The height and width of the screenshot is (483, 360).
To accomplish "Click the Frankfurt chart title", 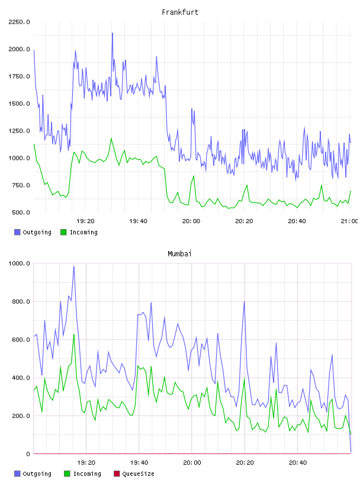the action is [x=180, y=12].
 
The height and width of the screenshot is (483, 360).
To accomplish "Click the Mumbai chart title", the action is [x=179, y=254].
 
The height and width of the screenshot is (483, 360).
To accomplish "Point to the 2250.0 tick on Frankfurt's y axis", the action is [x=19, y=22].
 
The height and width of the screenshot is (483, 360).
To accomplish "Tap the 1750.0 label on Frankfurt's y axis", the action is [x=19, y=76].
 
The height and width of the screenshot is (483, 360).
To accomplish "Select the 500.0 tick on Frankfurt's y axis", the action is [x=21, y=212].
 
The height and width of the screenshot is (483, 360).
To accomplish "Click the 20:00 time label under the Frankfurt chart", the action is [x=191, y=221].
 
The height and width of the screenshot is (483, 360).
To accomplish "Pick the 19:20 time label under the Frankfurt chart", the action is [x=85, y=221].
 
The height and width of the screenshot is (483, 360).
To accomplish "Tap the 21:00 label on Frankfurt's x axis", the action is [x=349, y=221].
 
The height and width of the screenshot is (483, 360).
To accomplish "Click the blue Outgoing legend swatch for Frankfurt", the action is [x=17, y=232].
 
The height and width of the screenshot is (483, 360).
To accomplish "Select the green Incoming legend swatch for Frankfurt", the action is [x=63, y=232].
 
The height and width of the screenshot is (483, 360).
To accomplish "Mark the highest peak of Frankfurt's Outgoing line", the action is [x=112, y=33].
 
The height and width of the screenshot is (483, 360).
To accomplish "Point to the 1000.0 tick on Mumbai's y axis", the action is [x=19, y=263].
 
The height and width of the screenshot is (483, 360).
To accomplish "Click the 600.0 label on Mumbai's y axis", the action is [x=21, y=340].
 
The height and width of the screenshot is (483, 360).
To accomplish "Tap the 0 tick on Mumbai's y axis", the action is [x=28, y=454].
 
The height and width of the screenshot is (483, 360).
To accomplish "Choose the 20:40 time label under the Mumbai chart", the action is [x=298, y=463].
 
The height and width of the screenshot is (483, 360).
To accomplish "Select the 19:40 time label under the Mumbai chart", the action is [x=139, y=463].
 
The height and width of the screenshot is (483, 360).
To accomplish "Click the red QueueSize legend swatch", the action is [x=117, y=474].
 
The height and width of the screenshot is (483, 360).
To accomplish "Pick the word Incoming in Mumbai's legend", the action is [x=87, y=474].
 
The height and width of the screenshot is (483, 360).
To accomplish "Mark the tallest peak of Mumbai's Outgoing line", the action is [x=74, y=267].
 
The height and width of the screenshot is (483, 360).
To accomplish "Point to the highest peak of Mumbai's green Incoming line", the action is [x=74, y=334].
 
